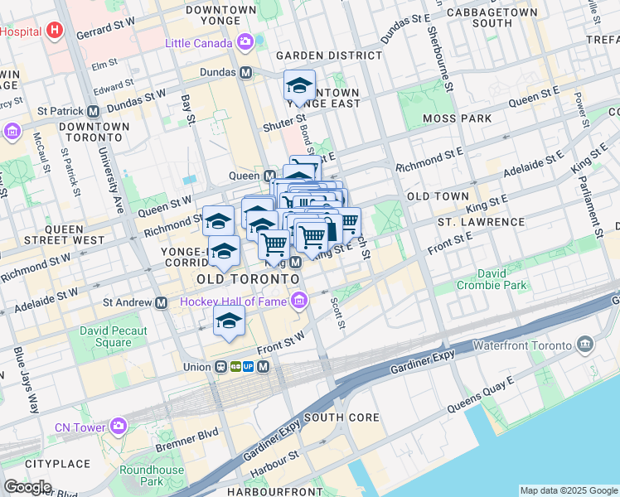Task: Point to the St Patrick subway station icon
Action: pos(93,110)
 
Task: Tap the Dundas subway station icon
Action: pos(246,72)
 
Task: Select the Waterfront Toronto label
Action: pos(521,345)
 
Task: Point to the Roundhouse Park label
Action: pos(152,475)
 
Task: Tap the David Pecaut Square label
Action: pos(114,336)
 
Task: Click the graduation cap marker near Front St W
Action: pos(229,322)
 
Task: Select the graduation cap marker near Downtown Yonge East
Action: pos(299,85)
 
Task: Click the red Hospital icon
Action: pos(55,31)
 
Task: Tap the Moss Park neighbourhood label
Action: pos(456,119)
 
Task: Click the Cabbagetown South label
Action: pos(480,17)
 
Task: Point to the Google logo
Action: pos(27,487)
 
